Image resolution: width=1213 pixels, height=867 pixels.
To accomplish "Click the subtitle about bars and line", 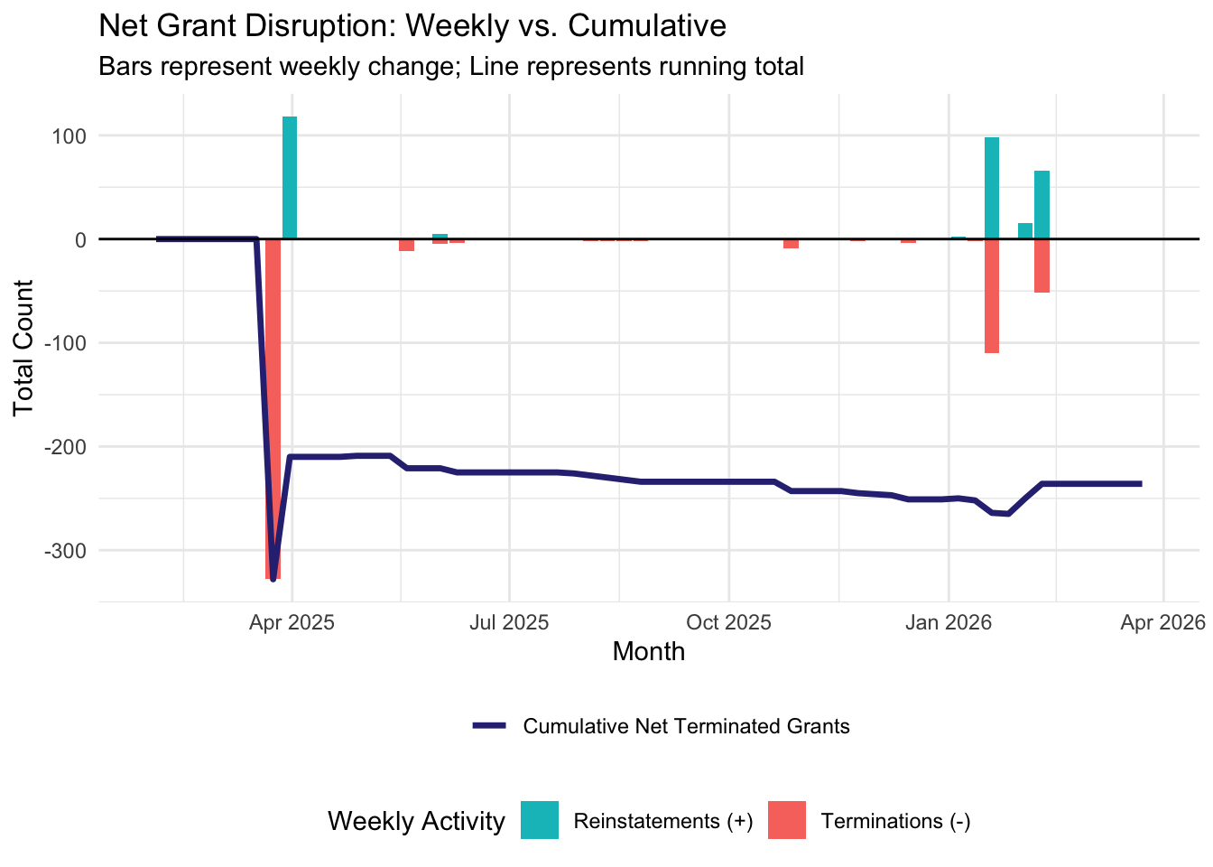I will click(x=450, y=67).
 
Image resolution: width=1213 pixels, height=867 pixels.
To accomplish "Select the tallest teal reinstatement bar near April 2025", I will click(x=290, y=177).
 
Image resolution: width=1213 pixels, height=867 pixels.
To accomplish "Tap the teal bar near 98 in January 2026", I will click(x=992, y=188).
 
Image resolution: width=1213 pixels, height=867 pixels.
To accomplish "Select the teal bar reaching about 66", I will click(x=1042, y=204).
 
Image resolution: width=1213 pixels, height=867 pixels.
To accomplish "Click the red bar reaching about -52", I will click(x=1042, y=266).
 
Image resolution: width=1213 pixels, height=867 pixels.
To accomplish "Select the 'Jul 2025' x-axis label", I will click(x=510, y=623).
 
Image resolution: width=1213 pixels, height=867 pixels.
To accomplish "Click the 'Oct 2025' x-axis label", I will click(x=729, y=623).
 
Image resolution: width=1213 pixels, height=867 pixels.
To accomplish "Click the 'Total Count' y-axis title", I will click(x=24, y=348).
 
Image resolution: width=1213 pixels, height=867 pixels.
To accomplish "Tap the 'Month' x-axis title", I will click(x=648, y=652).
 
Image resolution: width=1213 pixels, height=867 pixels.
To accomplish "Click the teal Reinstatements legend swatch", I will click(x=540, y=821).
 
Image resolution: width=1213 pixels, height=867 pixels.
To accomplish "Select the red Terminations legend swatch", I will click(x=786, y=821).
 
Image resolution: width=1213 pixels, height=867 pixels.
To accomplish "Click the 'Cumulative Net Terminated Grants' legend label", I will click(x=686, y=727).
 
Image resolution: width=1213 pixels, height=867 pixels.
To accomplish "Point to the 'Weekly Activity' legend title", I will click(x=416, y=822).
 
